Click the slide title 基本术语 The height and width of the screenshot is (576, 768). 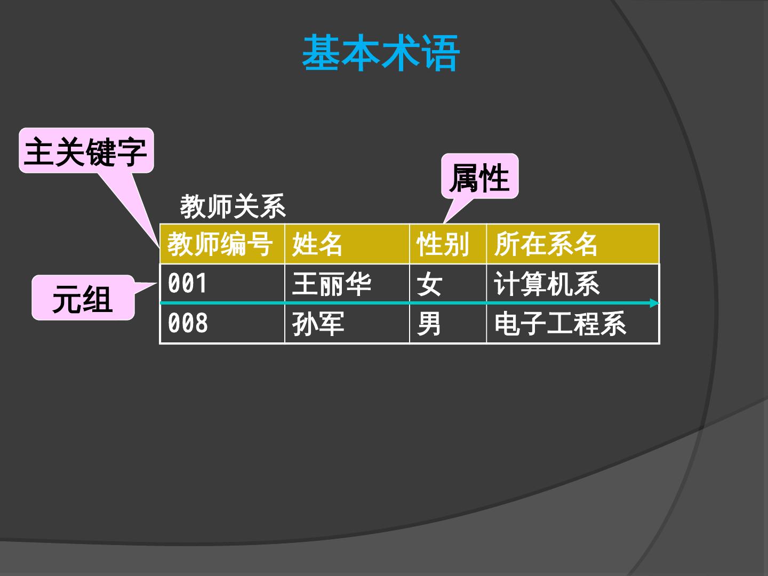381,53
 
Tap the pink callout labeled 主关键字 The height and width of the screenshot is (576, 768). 86,151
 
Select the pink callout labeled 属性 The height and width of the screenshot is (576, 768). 479,177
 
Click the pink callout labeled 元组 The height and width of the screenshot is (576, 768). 83,298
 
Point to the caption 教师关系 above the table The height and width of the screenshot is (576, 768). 233,207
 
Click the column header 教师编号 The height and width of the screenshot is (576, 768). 220,244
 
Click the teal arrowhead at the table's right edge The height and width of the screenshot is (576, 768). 654,303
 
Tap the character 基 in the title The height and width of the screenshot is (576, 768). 322,53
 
